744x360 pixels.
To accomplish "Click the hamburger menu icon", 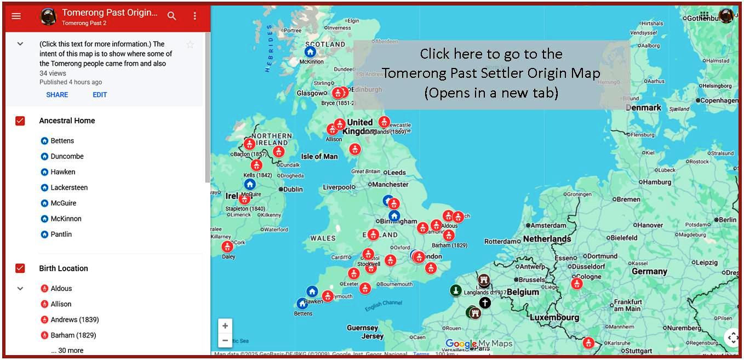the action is (16, 16).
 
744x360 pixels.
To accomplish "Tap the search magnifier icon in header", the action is (172, 16).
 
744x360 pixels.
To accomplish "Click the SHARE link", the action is (57, 95).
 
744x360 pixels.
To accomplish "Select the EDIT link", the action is (100, 95).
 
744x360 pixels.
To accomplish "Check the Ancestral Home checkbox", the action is (20, 121).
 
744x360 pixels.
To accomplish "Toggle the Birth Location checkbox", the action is (20, 268).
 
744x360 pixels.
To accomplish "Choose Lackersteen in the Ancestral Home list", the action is (69, 187).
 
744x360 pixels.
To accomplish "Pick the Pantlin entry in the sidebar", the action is (61, 235).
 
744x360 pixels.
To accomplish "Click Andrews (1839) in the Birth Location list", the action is (75, 319).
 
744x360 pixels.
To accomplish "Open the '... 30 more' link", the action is (67, 351).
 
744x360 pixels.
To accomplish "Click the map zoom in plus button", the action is (225, 325).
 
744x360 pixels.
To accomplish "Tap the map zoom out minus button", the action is (225, 340).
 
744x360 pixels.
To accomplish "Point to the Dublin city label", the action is (293, 190).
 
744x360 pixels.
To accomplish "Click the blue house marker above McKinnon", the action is (310, 52).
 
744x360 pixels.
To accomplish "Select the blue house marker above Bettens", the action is (302, 304).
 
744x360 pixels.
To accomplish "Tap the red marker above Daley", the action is (227, 247).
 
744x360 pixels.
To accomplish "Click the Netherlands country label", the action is (547, 239).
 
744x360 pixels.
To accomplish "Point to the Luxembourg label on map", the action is (554, 317).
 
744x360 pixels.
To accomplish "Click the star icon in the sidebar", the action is (190, 44).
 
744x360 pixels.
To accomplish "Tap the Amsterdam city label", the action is (548, 225).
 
